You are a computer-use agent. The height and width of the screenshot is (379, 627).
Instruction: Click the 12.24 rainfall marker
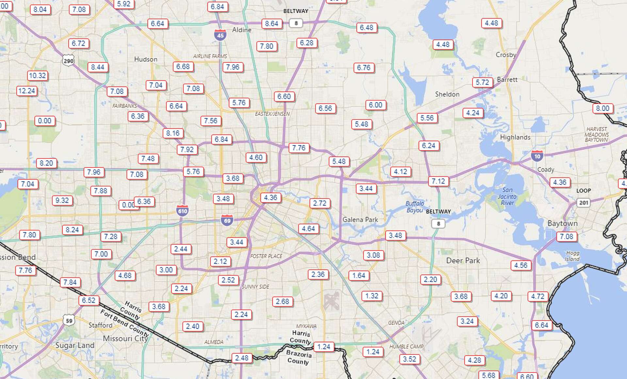coord(27,91)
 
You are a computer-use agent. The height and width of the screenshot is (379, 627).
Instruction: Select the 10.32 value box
coord(38,76)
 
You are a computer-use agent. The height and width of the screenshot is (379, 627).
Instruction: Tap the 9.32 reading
coord(62,200)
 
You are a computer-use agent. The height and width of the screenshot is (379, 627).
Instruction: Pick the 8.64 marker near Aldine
coord(272,24)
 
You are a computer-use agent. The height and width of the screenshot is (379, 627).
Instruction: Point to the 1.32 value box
coord(372,296)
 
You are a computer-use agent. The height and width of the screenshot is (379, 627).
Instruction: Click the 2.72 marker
coord(320,203)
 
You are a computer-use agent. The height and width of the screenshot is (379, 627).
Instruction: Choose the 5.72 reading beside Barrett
coord(482,82)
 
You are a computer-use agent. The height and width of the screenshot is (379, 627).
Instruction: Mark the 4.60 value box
coord(256,158)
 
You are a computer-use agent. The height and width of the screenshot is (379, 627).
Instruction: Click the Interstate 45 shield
coord(220,35)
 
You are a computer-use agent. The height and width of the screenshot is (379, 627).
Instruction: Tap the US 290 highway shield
coord(69,61)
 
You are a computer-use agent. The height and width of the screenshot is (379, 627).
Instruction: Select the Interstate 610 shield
coord(183,211)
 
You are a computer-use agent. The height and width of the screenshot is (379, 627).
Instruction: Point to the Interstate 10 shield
coord(537,156)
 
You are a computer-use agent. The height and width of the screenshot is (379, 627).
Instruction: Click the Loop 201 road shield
coord(584,203)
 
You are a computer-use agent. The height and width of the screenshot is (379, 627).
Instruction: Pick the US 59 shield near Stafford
coord(69,321)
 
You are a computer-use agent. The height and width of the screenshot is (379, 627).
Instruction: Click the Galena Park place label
coord(360,220)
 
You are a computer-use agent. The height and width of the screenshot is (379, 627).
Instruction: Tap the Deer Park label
coord(463,261)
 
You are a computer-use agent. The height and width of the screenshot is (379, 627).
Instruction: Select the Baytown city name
coord(562,223)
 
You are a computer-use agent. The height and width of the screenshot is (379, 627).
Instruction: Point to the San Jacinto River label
coord(507,197)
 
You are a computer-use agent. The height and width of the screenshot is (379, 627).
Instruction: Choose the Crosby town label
coord(506,55)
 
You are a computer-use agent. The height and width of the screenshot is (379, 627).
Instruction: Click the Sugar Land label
coord(75,345)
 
